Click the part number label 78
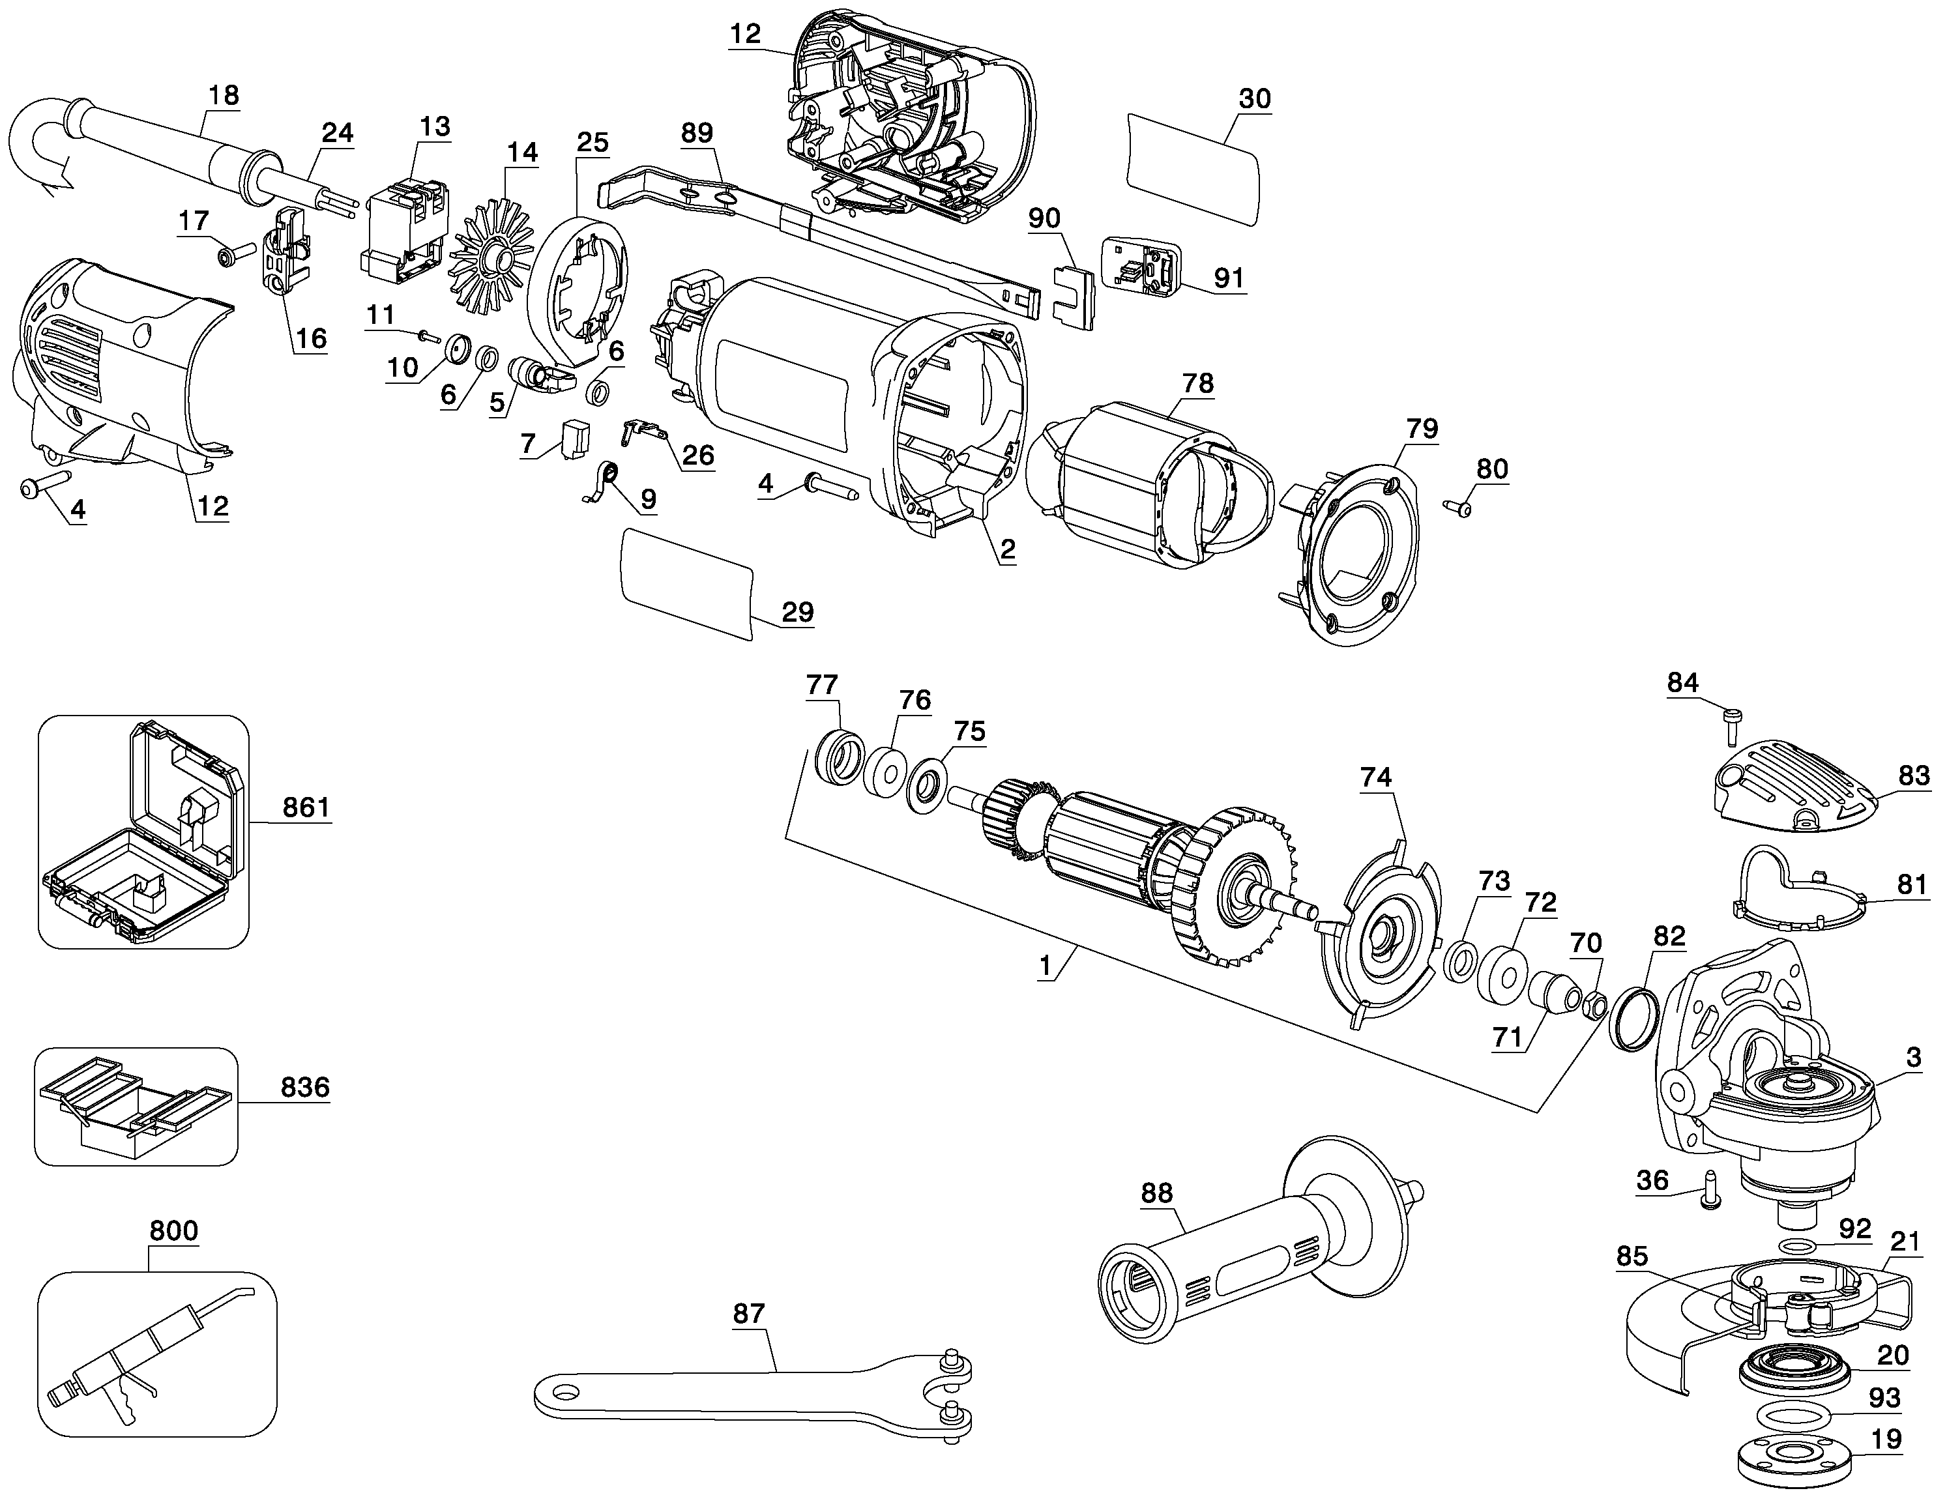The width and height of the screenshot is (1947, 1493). [1197, 383]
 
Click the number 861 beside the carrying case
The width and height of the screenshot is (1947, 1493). [306, 808]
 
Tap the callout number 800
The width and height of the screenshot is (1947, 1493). [173, 1231]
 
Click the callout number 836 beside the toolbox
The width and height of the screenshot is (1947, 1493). [305, 1087]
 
